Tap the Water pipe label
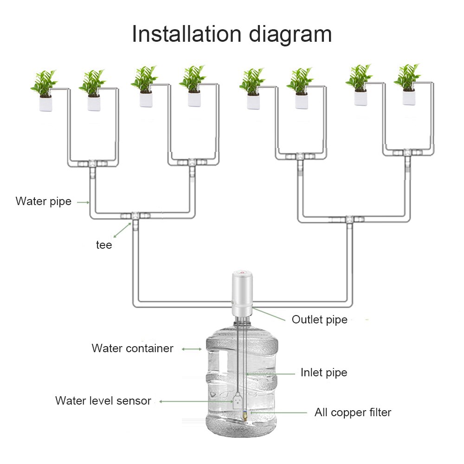(44, 201)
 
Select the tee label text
(104, 245)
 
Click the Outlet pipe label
(319, 320)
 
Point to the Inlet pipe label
(323, 373)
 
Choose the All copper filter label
(353, 412)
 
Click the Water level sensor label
(103, 401)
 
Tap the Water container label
(132, 348)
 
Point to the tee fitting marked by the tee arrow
(134, 216)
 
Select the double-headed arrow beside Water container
(191, 349)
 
